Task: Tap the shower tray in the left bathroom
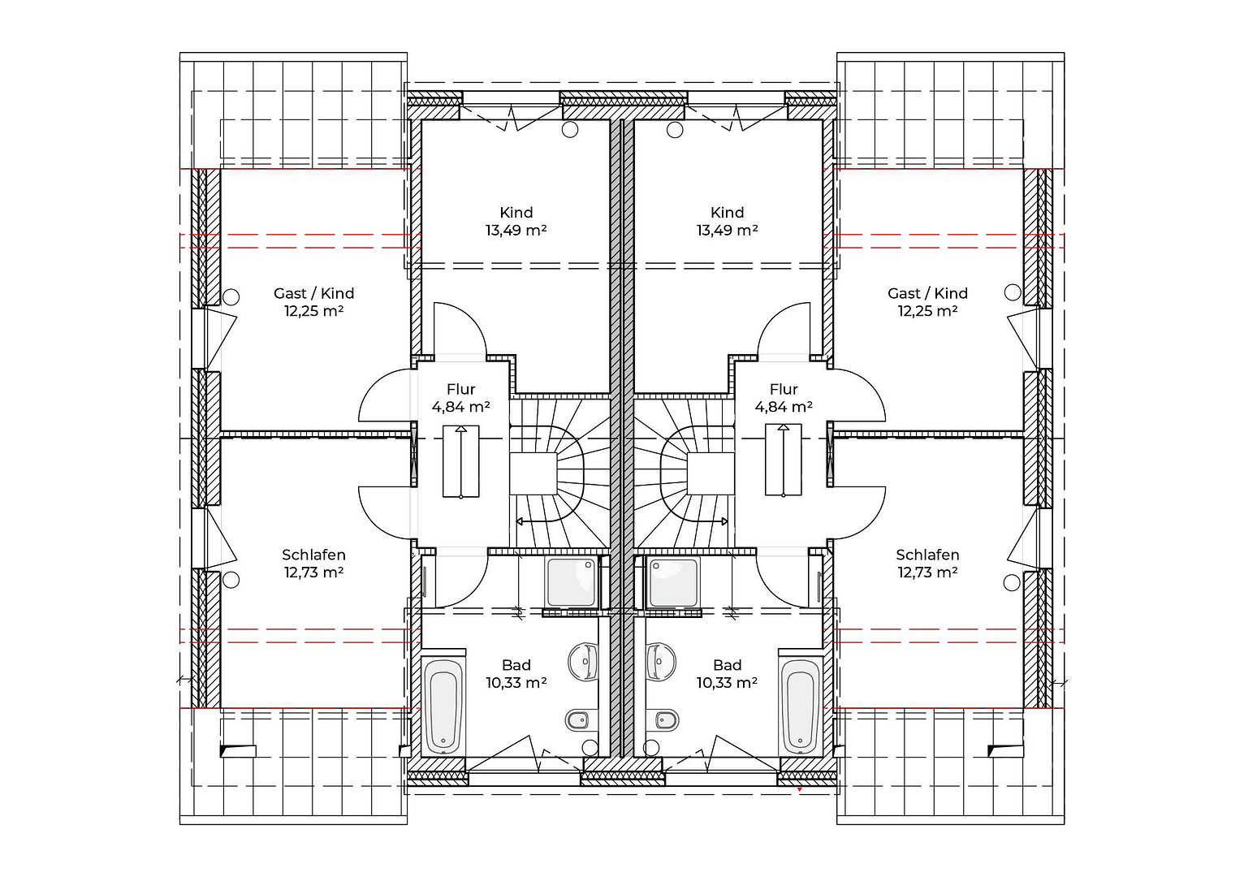571,582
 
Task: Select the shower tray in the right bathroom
673,582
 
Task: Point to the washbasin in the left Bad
583,662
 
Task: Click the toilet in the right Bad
662,720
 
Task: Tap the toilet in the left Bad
582,720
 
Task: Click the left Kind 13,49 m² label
516,221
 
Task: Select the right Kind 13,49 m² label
727,221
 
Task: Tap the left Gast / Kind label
313,293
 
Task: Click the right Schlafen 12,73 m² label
927,564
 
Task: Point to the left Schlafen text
313,555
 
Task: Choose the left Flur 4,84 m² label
461,398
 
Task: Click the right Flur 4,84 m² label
784,398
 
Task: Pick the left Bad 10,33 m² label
516,674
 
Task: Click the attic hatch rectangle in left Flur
461,461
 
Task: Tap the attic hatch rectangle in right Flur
783,460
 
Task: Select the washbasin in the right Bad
661,662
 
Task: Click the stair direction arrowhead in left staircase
519,521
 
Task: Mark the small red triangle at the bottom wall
800,788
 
